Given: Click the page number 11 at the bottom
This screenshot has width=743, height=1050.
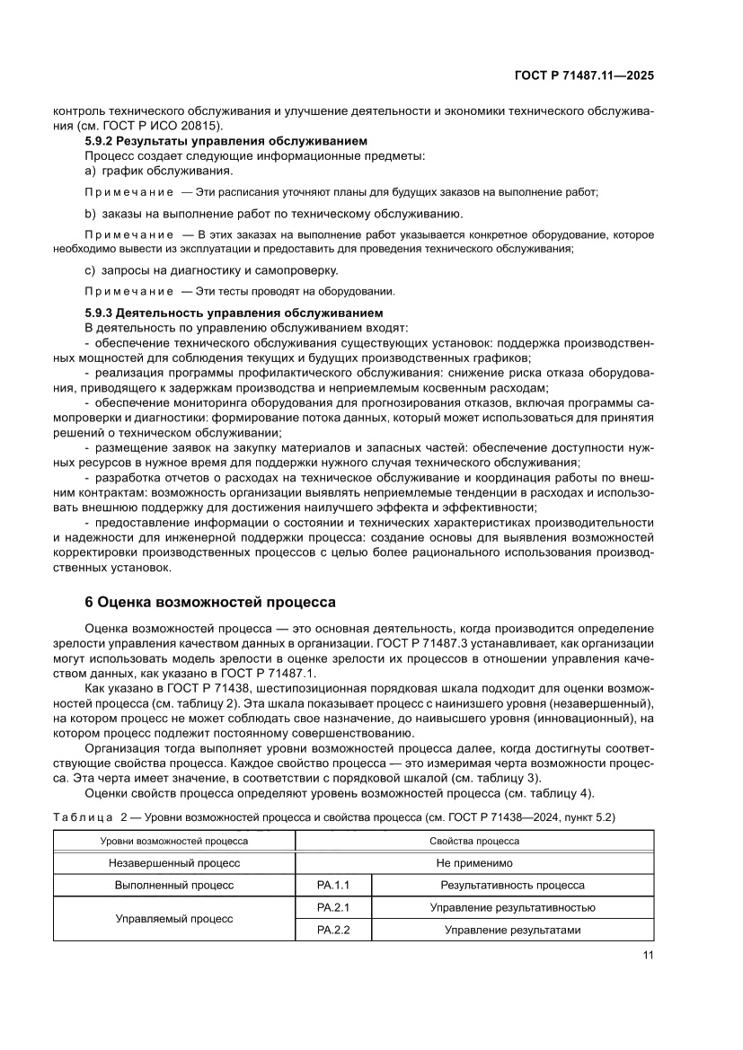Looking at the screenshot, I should tap(647, 956).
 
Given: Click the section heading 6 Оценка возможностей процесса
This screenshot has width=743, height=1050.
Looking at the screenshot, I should tap(209, 601).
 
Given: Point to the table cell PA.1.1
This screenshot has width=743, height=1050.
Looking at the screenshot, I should tap(332, 885).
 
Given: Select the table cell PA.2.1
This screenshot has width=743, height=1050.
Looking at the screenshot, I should tap(332, 907).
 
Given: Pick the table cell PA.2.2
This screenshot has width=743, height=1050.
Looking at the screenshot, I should tap(332, 931).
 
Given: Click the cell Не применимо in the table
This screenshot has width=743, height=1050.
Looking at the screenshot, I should tap(474, 862).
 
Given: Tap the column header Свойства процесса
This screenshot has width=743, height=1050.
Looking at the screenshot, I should tap(474, 841).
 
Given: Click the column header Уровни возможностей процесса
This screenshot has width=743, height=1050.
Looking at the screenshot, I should tap(173, 841).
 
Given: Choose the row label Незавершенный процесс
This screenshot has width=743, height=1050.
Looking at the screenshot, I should tap(173, 862).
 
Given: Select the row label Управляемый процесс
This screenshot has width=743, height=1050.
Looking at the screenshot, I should tap(173, 919).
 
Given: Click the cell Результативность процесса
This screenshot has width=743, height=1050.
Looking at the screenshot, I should tap(512, 885).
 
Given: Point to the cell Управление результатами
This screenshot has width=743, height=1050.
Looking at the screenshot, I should tap(512, 931).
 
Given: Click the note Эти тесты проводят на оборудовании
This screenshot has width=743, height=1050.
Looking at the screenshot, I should tap(287, 291).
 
